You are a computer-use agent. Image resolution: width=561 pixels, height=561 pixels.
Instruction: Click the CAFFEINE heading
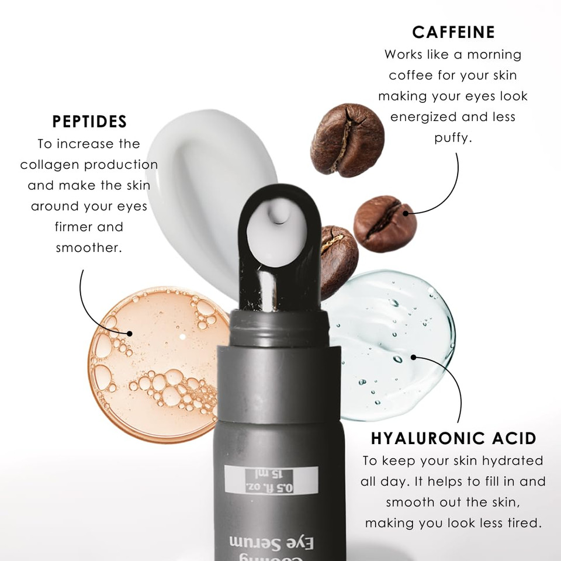(453, 32)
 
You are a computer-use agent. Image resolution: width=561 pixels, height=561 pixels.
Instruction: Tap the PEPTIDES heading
(89, 122)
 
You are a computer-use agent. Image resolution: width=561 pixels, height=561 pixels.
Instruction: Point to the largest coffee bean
(347, 140)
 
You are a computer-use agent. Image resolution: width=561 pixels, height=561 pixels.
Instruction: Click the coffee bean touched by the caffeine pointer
(385, 224)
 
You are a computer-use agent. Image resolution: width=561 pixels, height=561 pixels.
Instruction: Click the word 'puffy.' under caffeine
(453, 138)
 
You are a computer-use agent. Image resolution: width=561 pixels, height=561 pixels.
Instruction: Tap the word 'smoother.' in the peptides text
(89, 247)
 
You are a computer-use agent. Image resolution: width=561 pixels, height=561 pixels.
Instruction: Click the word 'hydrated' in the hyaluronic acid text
(514, 460)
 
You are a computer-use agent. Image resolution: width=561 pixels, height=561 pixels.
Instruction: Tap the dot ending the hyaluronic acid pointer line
(413, 356)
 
